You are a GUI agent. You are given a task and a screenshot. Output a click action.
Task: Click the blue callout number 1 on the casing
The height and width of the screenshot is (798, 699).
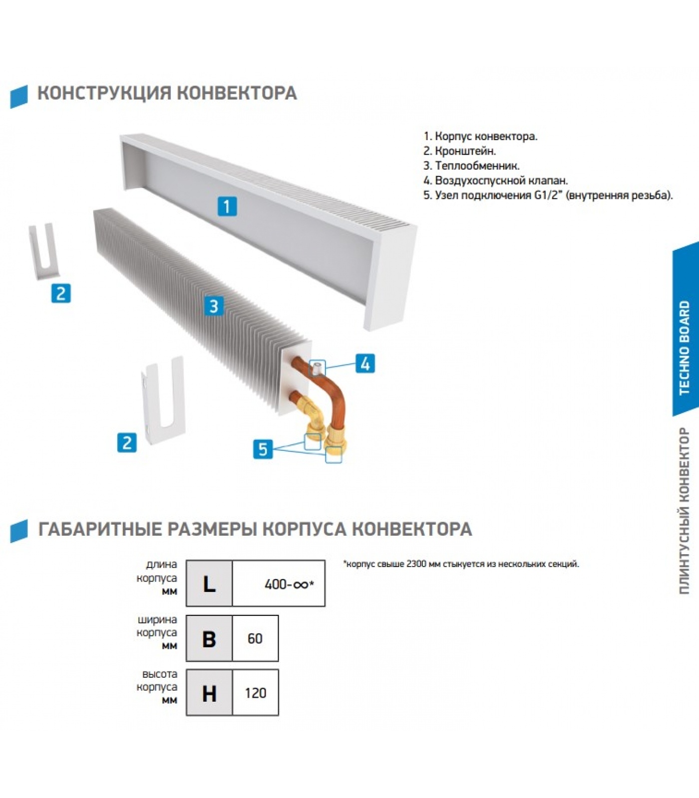click(227, 206)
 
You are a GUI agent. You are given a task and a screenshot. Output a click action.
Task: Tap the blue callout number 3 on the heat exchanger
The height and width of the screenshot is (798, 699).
click(214, 306)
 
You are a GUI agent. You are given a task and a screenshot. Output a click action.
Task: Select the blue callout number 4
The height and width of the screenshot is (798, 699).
click(365, 364)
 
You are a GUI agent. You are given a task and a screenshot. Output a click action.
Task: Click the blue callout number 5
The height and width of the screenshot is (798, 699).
click(263, 449)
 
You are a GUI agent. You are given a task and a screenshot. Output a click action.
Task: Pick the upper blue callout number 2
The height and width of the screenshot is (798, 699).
click(61, 293)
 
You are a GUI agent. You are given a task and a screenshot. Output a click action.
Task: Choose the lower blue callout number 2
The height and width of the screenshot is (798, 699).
click(127, 442)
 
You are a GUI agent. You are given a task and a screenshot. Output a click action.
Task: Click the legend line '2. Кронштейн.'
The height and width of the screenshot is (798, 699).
click(459, 151)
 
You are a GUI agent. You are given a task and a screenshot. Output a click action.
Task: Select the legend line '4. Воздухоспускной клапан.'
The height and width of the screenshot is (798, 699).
click(495, 181)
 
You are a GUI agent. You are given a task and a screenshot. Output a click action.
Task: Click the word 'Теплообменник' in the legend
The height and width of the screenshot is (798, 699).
click(477, 166)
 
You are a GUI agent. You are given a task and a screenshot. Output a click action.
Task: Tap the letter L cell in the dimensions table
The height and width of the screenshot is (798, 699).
click(209, 584)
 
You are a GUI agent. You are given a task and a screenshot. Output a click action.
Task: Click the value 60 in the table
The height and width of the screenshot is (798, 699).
click(255, 638)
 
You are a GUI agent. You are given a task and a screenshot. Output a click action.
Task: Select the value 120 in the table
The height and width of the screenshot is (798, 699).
click(255, 693)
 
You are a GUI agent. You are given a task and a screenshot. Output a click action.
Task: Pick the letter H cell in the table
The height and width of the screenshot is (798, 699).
click(209, 693)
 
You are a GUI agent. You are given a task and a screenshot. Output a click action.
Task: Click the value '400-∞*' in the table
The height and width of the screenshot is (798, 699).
click(289, 584)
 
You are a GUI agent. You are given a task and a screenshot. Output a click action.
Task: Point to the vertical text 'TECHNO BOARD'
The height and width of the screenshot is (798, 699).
click(684, 348)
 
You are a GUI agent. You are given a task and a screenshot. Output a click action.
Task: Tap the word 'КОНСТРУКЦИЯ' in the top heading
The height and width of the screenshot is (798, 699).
click(104, 93)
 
